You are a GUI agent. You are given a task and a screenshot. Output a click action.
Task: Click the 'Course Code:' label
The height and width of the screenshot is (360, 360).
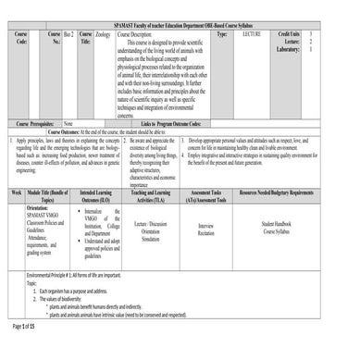click(22, 38)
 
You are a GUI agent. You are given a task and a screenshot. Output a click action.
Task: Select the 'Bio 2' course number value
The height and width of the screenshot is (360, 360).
click(68, 33)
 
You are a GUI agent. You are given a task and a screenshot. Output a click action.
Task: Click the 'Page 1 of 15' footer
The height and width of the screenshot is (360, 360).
click(23, 353)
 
